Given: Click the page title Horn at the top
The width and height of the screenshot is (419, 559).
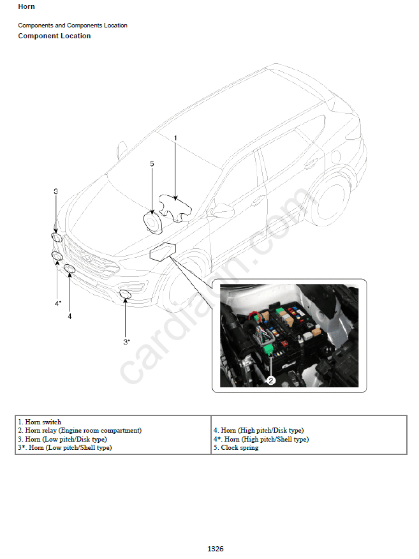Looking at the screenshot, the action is click(26, 6).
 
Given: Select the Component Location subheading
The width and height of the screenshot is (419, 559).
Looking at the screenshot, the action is click(54, 36).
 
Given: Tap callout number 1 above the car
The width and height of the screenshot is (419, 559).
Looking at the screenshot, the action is click(175, 138).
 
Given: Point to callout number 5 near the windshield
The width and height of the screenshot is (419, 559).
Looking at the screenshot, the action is click(152, 163).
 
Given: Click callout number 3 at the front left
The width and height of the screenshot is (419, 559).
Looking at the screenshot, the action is click(55, 191).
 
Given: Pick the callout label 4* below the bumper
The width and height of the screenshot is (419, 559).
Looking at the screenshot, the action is click(58, 303).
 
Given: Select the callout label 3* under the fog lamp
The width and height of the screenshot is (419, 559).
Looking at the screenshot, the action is click(127, 342).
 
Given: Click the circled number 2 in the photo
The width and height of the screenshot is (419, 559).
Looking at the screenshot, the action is click(271, 380).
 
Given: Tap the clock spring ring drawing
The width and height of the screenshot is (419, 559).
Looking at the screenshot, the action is click(145, 223).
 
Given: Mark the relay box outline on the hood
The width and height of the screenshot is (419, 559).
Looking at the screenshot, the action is click(163, 251).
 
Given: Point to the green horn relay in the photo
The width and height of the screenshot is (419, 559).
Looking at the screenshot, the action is click(269, 350).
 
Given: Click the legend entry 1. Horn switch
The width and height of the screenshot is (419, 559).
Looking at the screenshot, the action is click(40, 422).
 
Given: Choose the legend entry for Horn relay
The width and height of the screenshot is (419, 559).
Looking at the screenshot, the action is click(80, 431).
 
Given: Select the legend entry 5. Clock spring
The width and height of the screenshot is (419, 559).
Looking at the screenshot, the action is click(236, 448).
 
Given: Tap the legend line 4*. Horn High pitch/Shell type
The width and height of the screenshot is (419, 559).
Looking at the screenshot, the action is click(261, 439).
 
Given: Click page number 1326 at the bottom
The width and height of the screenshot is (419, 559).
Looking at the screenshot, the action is click(216, 549).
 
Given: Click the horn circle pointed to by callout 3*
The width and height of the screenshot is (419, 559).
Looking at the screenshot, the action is click(125, 294).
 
